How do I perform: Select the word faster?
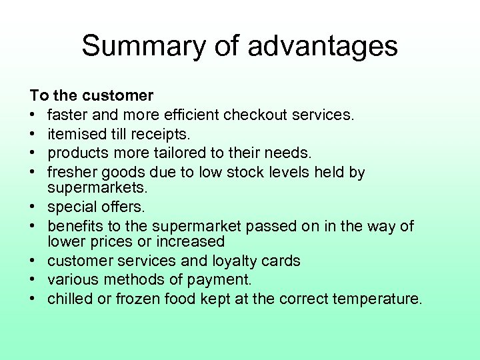[67, 115]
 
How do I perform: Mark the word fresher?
[73, 173]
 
